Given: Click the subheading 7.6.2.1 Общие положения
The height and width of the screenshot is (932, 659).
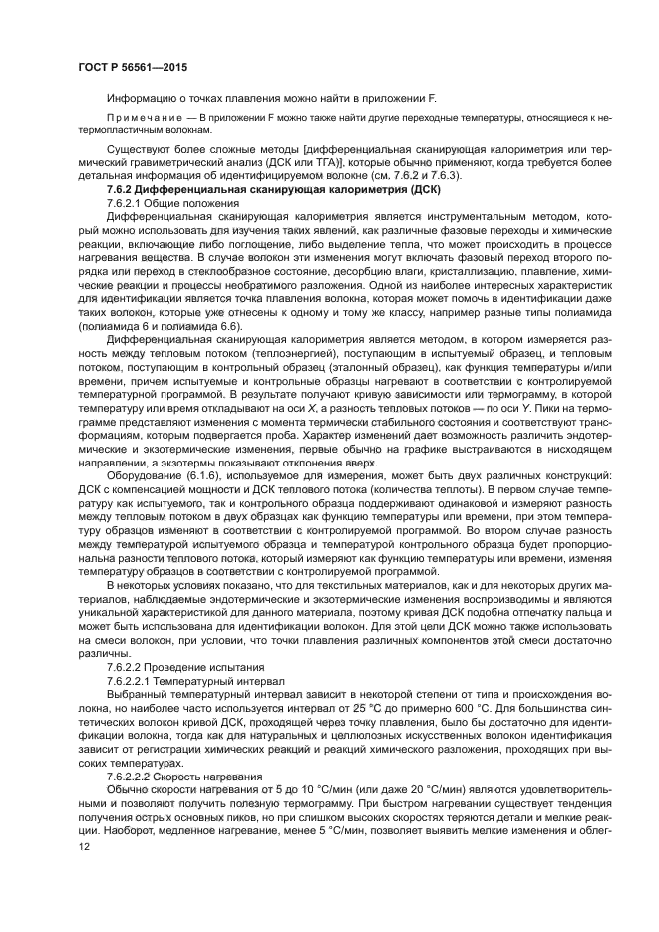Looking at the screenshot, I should click(162, 202).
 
